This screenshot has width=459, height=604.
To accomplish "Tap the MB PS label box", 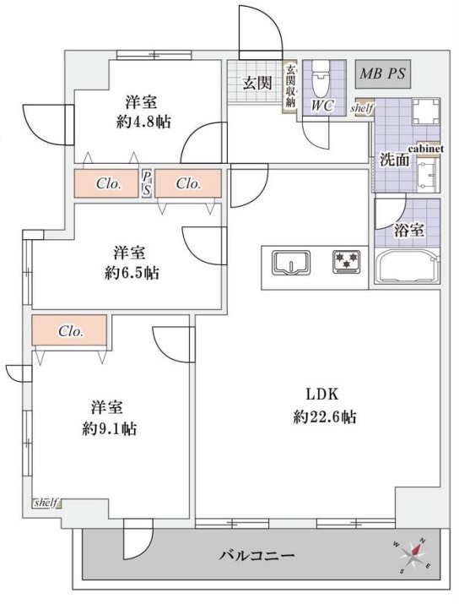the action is click(382, 73).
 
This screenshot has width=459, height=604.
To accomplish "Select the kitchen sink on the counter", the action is click(291, 263).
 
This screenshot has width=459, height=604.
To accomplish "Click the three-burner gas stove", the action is click(347, 262).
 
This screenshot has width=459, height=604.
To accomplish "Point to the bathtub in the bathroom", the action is click(408, 267).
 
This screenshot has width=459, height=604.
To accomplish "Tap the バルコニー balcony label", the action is click(257, 556).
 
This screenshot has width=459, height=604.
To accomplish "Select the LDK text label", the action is click(321, 394).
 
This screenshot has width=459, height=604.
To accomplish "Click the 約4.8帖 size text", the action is click(143, 122).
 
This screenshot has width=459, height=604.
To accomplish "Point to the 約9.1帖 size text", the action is click(110, 428).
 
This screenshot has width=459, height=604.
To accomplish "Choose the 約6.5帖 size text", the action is click(132, 273).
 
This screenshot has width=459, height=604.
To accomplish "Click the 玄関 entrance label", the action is click(257, 83).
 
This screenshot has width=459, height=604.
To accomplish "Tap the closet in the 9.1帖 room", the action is click(69, 329).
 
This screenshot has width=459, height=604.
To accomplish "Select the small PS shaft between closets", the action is click(147, 183).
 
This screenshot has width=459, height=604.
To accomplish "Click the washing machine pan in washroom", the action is click(426, 112).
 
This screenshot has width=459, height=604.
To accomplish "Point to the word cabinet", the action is click(425, 149).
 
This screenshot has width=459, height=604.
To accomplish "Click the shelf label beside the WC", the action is click(361, 108).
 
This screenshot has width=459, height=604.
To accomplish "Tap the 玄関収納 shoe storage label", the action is click(290, 87).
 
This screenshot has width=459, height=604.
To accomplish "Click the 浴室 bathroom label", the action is click(409, 230).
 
